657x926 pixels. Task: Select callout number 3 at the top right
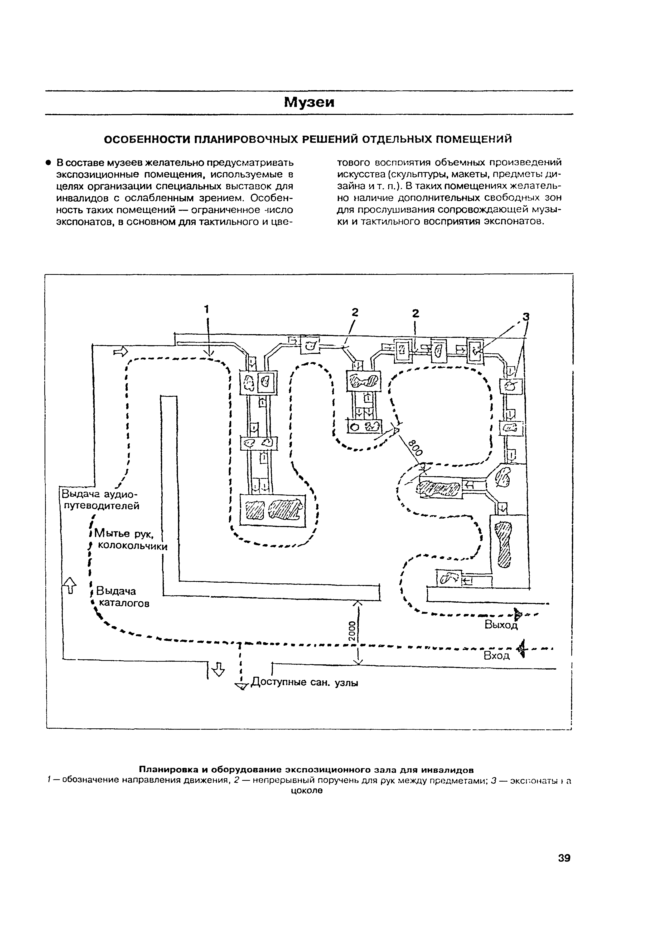click(x=526, y=317)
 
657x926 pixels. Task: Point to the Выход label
click(x=501, y=625)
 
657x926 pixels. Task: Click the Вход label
click(x=497, y=656)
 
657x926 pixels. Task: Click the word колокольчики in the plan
click(x=133, y=546)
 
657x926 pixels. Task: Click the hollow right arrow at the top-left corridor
click(x=120, y=351)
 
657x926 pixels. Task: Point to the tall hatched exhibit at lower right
click(x=504, y=544)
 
